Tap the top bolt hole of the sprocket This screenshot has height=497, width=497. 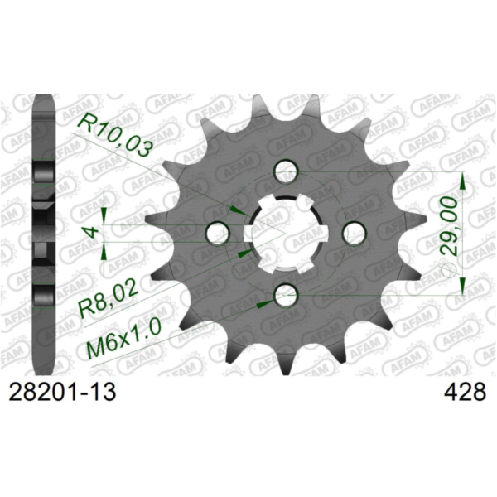[287, 171]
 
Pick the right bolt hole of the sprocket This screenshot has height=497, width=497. [354, 231]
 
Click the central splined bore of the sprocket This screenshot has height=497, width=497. [286, 232]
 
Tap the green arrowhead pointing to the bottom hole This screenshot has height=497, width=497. [263, 304]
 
